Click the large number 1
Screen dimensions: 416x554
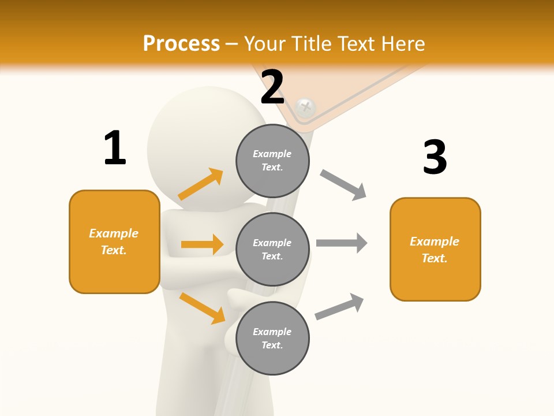point(115,148)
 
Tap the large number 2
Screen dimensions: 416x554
point(272,87)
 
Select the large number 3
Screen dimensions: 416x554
point(435,158)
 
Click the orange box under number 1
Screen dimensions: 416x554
point(114,242)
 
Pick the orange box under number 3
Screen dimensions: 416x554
point(435,249)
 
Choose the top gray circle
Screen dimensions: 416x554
point(272,161)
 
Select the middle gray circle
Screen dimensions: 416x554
point(272,249)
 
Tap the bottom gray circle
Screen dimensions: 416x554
point(272,338)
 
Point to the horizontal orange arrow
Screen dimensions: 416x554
point(202,244)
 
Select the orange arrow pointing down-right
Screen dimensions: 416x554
point(202,307)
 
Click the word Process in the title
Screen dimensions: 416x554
point(181,43)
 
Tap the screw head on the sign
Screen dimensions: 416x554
point(305,107)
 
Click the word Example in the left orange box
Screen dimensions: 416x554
point(114,233)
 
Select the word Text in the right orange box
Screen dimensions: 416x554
point(434,258)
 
